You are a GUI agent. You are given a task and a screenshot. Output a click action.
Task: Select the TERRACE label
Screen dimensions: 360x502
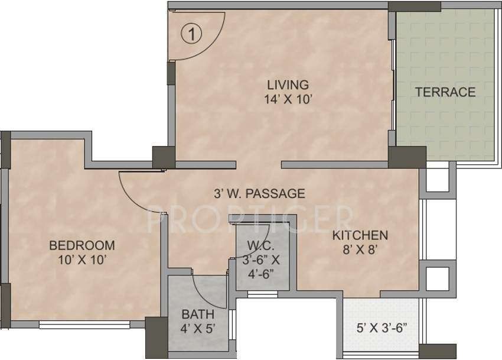[x=445, y=92]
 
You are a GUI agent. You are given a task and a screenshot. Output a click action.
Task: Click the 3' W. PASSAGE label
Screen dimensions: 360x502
[x=259, y=193]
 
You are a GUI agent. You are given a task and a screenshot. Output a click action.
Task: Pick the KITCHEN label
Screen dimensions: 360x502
[x=360, y=235]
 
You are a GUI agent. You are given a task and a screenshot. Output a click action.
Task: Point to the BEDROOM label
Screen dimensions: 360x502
[x=82, y=245]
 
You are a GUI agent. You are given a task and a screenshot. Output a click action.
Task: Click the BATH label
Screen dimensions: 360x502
[x=194, y=314]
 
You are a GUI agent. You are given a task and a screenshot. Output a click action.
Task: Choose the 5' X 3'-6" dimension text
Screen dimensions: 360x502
[x=382, y=326]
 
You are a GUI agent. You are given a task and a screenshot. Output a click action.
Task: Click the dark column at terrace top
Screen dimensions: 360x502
[x=414, y=7]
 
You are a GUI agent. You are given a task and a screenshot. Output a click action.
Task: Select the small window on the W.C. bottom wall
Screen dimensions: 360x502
[x=262, y=293]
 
